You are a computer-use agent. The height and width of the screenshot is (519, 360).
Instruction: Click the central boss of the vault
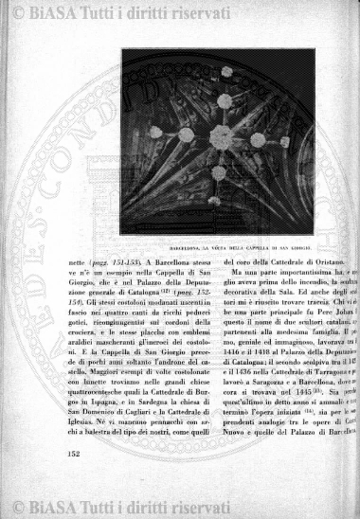[x=221, y=136]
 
